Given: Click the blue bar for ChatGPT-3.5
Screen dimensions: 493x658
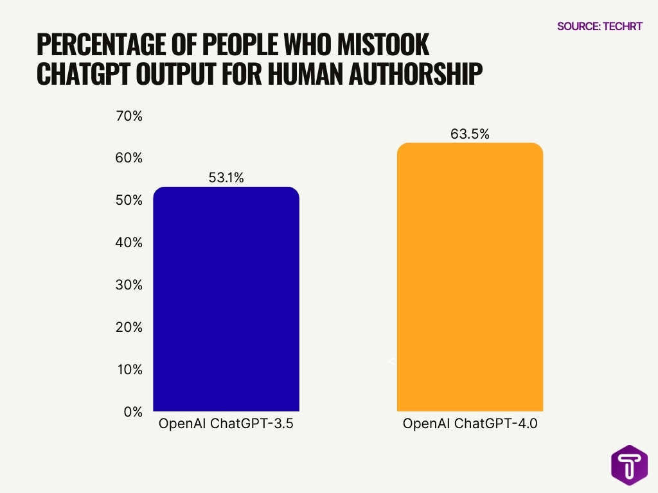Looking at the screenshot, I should point(226,298).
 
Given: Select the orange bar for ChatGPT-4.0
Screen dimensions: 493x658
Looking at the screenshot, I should point(470,277).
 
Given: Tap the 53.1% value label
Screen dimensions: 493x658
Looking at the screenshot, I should point(226,178).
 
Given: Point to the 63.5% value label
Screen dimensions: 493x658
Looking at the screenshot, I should point(470,134).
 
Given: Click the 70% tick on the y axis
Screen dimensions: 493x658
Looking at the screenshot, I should point(129,116).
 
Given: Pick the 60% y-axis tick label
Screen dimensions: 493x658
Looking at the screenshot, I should point(129,159).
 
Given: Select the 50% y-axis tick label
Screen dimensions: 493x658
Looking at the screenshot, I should point(129,200).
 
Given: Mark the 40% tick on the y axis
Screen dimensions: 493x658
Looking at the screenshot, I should point(129,243).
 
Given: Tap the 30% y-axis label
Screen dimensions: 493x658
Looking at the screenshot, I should point(129,285).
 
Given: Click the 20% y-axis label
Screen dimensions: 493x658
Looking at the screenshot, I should point(129,327).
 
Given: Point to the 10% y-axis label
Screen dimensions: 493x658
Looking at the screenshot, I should point(129,370).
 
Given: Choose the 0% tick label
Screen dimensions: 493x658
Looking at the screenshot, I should point(132,411).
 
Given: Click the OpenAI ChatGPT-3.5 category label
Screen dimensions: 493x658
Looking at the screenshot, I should point(226,424).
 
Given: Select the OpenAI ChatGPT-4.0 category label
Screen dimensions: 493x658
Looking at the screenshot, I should point(470,424).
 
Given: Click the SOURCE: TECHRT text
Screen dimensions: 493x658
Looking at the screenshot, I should point(599,26).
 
